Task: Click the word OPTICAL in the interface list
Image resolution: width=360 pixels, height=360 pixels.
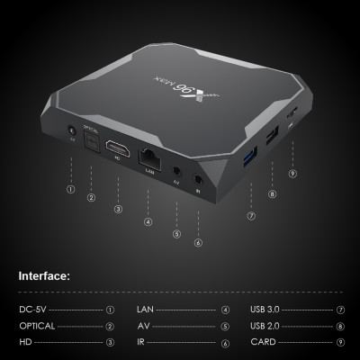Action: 38,326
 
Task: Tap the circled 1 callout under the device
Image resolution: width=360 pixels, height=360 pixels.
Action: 70,189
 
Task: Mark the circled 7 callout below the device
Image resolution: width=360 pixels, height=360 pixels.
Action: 251,216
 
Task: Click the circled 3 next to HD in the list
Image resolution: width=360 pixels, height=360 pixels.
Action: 110,343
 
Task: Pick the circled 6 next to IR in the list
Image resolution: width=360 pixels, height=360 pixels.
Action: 225,343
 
